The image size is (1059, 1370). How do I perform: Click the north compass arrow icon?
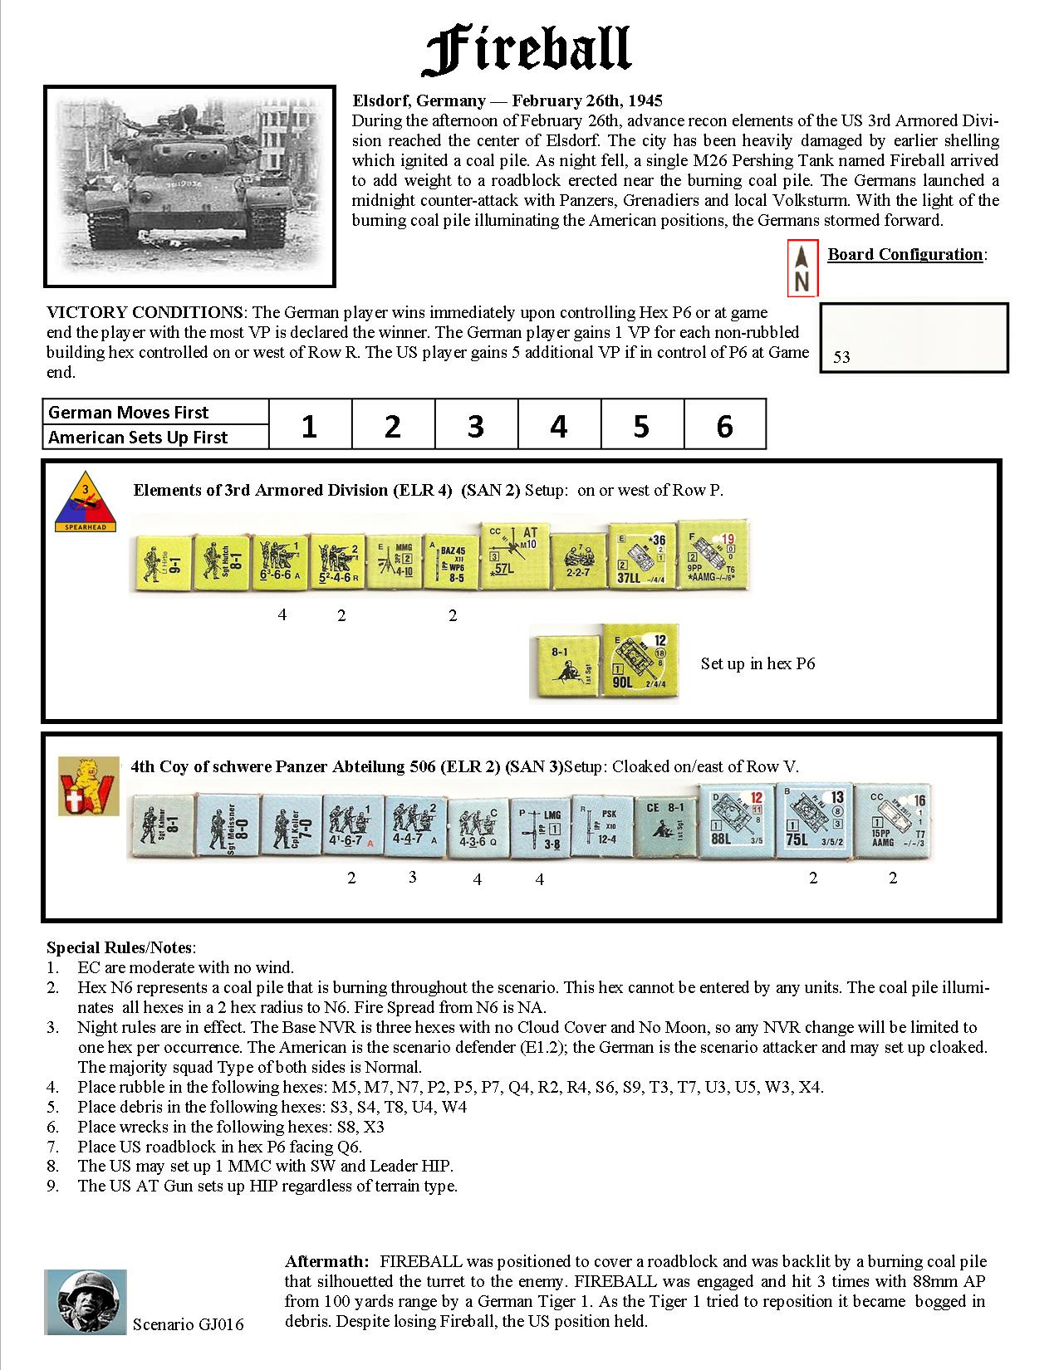click(802, 269)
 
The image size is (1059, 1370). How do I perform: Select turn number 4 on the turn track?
click(558, 426)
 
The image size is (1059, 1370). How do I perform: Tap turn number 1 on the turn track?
click(309, 426)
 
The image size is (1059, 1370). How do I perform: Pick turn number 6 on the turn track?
click(724, 426)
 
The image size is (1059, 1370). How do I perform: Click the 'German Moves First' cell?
click(156, 412)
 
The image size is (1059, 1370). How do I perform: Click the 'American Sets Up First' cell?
click(156, 438)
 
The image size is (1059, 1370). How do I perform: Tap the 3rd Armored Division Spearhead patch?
click(86, 504)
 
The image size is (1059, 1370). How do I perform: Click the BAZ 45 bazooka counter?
click(452, 563)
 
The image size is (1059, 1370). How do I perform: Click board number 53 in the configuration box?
click(841, 357)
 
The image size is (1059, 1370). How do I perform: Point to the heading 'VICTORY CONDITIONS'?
click(145, 312)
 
